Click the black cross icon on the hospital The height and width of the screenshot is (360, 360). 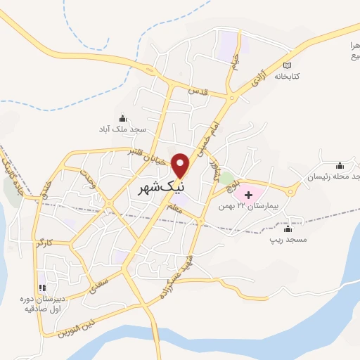247,193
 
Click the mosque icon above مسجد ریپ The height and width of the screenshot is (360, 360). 287,229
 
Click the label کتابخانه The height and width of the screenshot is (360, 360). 288,75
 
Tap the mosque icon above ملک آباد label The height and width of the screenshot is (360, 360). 123,118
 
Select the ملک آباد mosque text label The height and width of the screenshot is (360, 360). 122,129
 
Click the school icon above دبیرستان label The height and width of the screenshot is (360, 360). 42,288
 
